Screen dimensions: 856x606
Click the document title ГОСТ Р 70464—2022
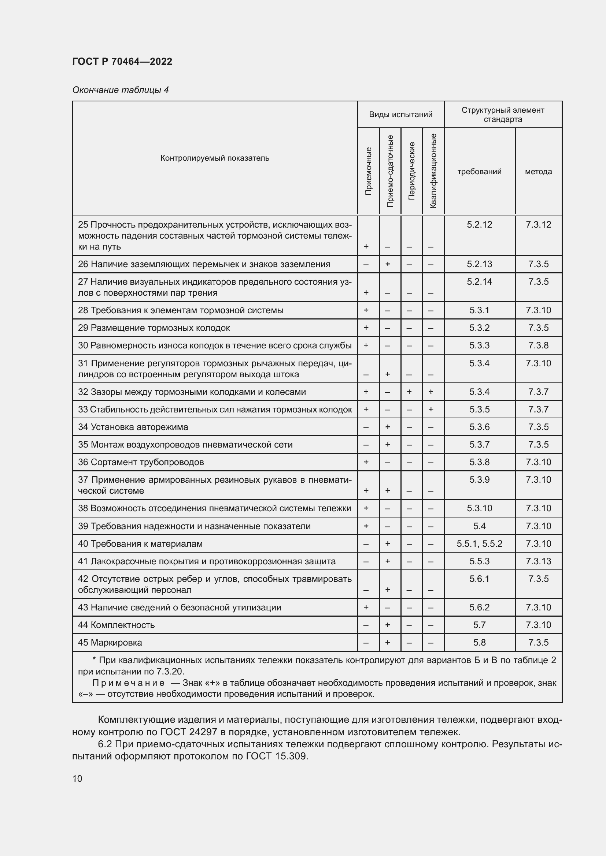click(122, 61)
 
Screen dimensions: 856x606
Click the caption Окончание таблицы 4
click(120, 90)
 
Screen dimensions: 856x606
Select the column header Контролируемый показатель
click(215, 158)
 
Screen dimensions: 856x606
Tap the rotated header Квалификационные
click(433, 171)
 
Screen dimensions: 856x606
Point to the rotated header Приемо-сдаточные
click(390, 171)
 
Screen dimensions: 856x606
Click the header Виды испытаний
click(400, 115)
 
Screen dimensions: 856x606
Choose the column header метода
click(538, 172)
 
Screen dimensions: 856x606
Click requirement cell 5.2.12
click(479, 224)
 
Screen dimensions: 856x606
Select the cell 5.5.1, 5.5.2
click(479, 543)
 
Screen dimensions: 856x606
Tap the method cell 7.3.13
click(538, 561)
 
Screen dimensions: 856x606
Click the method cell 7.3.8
click(538, 345)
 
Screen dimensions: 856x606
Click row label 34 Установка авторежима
click(133, 427)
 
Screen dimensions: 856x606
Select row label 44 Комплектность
click(116, 625)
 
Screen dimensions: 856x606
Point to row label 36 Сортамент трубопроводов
click(141, 462)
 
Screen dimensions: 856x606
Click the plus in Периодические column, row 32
click(409, 392)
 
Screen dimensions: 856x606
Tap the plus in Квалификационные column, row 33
click(431, 410)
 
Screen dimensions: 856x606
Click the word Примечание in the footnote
click(128, 683)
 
